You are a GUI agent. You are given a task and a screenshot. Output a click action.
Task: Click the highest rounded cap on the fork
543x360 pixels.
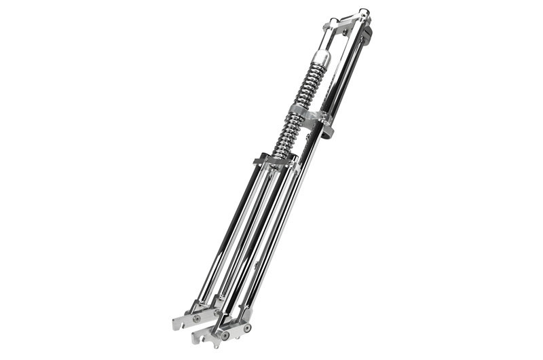point(364,12)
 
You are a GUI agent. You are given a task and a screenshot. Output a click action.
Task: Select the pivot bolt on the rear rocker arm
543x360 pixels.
point(196,317)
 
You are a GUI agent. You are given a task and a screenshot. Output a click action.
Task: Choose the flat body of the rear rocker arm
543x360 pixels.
point(187,320)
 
